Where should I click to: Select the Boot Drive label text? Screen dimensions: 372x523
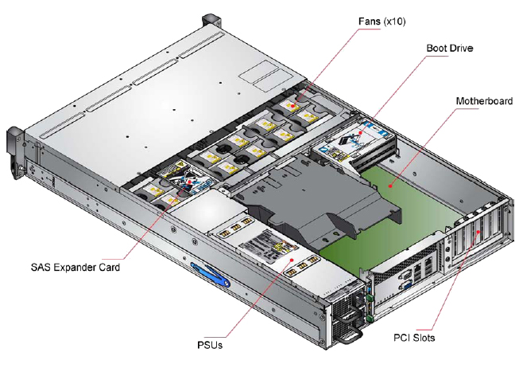tap(450, 49)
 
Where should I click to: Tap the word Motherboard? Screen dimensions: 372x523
tap(483, 101)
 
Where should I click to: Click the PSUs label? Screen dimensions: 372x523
tap(210, 345)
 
